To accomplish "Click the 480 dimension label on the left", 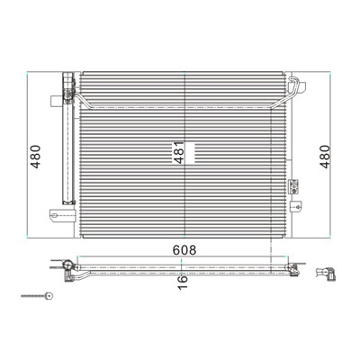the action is pyautogui.click(x=35, y=157).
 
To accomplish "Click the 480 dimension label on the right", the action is pyautogui.click(x=324, y=157).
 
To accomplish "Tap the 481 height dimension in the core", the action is pyautogui.click(x=179, y=152).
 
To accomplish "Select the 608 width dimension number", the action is pyautogui.click(x=184, y=250).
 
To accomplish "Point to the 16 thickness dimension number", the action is pyautogui.click(x=183, y=283).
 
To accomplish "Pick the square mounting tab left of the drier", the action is pyautogui.click(x=56, y=101).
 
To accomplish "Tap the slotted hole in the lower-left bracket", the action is pyautogui.click(x=54, y=215).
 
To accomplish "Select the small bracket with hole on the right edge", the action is pyautogui.click(x=296, y=207).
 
